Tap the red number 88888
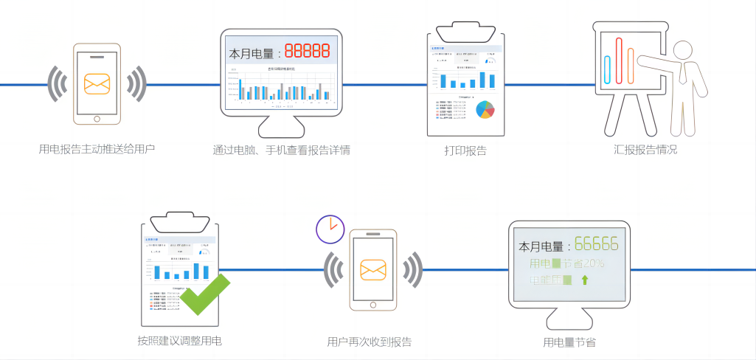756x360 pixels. tap(307, 51)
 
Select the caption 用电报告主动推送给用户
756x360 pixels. tap(97, 149)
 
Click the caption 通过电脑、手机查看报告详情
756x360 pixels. tap(281, 150)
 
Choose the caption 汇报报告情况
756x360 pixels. tap(645, 149)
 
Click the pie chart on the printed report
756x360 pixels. tap(485, 109)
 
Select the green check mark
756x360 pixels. tap(204, 294)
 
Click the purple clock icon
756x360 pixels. tap(330, 229)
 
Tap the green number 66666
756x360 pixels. tap(596, 245)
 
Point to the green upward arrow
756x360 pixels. tap(585, 280)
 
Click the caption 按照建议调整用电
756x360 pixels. tap(179, 341)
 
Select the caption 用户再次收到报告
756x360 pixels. tap(369, 342)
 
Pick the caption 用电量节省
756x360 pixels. tap(569, 342)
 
